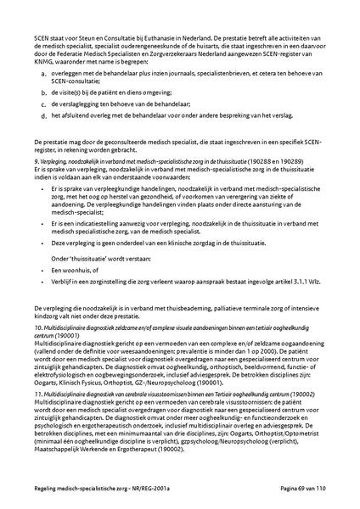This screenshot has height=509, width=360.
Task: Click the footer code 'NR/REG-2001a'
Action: (x=146, y=492)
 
